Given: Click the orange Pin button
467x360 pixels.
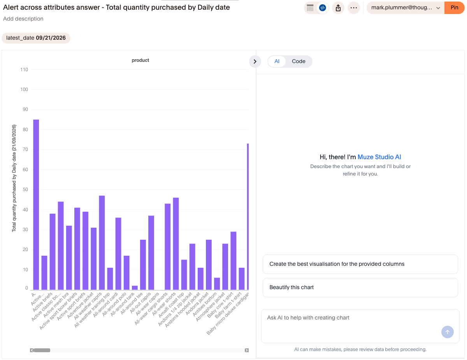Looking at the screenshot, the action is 454,8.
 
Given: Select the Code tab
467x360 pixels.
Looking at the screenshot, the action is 298,61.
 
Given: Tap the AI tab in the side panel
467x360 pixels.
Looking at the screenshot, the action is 277,61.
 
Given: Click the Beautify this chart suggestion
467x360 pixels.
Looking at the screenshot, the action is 360,288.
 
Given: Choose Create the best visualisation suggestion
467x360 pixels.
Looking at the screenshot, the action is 360,264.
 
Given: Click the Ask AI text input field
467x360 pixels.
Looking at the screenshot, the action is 360,326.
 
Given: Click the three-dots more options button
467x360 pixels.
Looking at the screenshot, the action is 353,8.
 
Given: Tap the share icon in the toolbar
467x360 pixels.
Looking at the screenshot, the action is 338,8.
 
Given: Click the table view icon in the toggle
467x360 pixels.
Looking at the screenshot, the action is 310,8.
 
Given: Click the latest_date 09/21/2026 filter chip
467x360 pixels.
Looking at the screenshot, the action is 36,38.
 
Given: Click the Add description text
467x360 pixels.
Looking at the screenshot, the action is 23,19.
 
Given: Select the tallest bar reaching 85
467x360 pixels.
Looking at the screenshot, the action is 36,205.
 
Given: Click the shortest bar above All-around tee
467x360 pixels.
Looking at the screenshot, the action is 135,288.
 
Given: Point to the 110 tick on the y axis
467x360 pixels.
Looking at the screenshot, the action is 24,70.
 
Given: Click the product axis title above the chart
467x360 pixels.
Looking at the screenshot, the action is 140,60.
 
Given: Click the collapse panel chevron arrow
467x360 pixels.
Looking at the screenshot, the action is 255,61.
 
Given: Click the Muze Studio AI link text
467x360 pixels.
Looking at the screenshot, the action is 379,157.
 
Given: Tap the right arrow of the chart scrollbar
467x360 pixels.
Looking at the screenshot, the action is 246,350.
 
